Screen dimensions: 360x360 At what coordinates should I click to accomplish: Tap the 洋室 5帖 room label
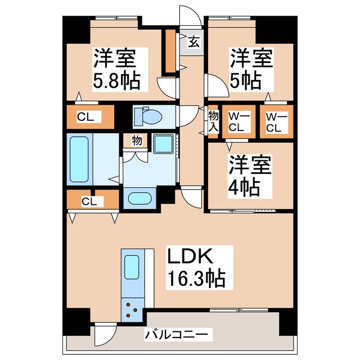point(250,68)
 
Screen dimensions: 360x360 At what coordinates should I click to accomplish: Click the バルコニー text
point(177,335)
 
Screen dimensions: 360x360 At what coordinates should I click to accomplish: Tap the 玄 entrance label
point(193,42)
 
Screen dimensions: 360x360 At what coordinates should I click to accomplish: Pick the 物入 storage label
point(213,120)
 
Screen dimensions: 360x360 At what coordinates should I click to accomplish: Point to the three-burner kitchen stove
point(133,310)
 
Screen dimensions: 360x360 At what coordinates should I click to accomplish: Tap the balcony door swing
point(104,335)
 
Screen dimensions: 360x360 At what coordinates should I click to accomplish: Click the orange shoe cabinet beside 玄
point(170,51)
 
